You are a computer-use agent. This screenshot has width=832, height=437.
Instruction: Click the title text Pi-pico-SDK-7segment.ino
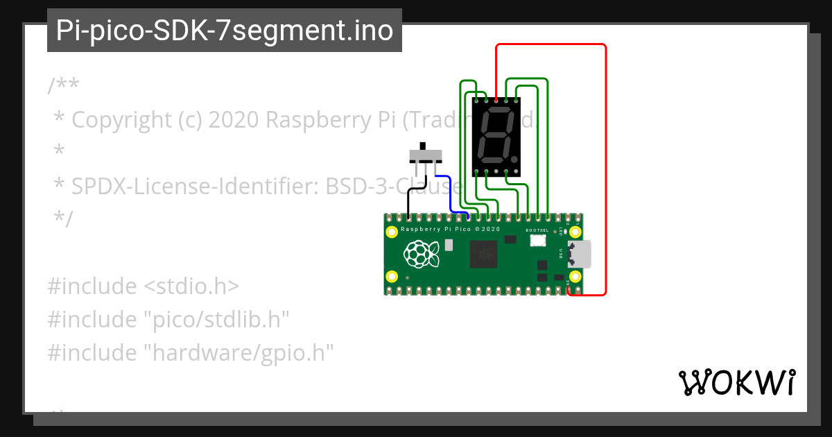pos(224,31)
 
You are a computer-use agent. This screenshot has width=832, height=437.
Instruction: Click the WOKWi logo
pos(736,382)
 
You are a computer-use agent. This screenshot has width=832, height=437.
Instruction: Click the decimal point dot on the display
pos(514,160)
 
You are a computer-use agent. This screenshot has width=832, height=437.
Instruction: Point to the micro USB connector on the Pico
pos(580,254)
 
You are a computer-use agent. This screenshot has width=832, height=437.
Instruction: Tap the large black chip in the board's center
pos(483,255)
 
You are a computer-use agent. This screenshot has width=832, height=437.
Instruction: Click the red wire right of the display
pos(605,173)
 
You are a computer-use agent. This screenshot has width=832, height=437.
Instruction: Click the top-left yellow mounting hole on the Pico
pos(392,232)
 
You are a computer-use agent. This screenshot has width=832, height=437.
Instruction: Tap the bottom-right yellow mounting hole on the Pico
pos(574,277)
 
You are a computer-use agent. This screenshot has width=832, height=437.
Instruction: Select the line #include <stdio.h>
pos(144,286)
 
